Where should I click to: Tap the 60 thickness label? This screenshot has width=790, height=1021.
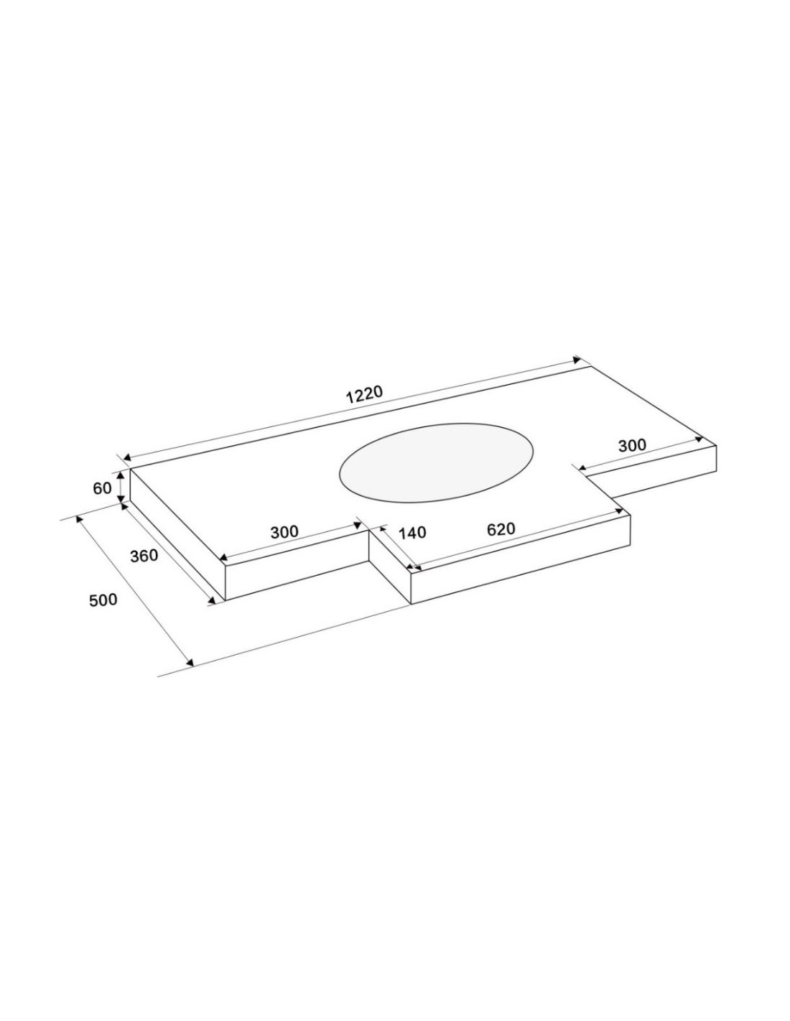point(102,488)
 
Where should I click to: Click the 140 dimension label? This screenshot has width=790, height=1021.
point(412,533)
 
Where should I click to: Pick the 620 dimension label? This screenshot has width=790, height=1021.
point(501,529)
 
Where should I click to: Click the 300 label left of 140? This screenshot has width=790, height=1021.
point(284,532)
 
